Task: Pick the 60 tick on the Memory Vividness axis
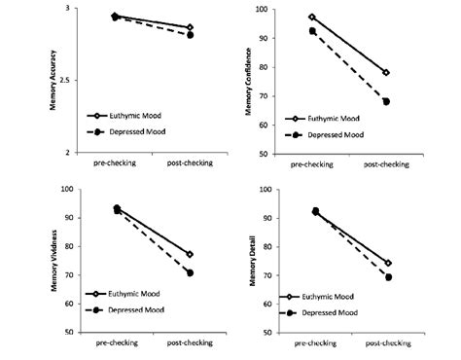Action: [74, 304]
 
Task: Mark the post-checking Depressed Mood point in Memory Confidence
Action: [386, 101]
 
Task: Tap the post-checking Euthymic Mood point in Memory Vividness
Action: [190, 254]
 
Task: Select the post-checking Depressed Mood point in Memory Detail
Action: [388, 277]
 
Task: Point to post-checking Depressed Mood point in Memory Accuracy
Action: [189, 35]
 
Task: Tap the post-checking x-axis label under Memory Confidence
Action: [385, 163]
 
